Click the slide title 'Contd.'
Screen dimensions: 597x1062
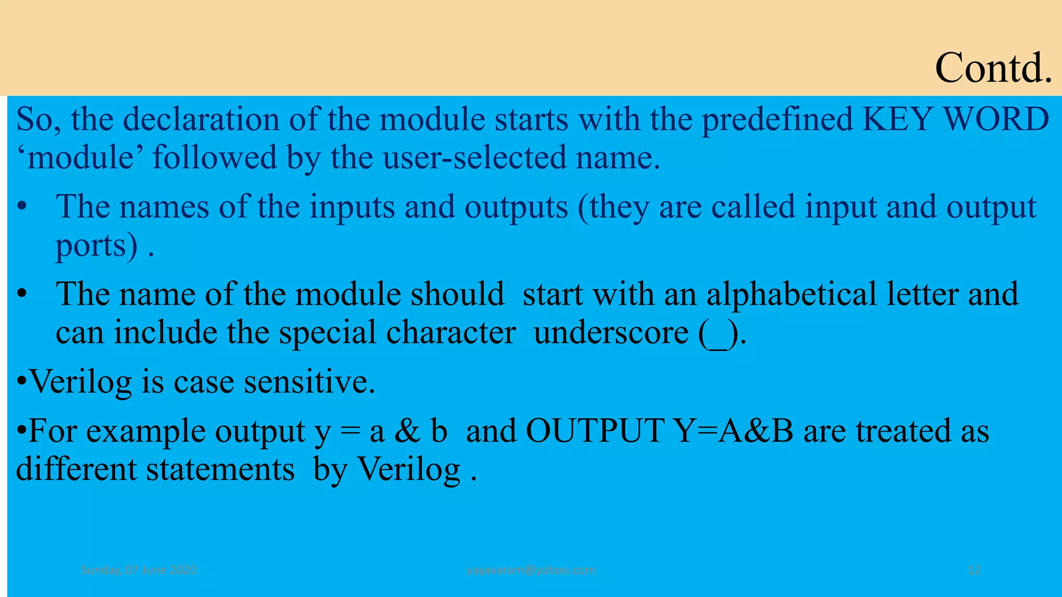click(993, 68)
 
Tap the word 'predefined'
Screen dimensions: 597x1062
click(777, 119)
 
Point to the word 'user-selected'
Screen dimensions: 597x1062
click(474, 158)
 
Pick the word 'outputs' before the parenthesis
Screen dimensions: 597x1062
click(516, 207)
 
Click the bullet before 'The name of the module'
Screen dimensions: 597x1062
click(21, 294)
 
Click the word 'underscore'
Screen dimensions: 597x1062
click(611, 332)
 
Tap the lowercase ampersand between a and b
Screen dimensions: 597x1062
click(407, 431)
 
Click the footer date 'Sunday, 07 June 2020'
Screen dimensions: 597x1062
click(138, 570)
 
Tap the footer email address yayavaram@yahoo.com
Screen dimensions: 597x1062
click(530, 570)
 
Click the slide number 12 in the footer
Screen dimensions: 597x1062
click(974, 570)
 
